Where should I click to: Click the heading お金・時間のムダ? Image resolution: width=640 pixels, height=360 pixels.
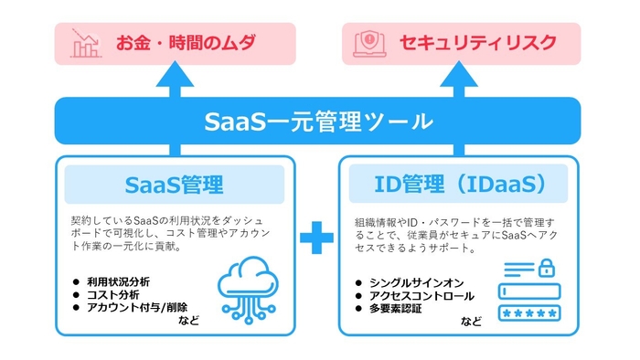186,43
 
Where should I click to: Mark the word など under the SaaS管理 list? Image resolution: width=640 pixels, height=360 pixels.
189,321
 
